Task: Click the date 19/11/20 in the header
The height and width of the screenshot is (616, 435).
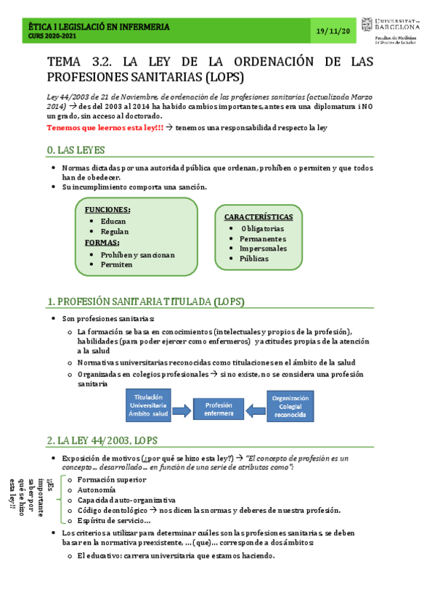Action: [x=334, y=31]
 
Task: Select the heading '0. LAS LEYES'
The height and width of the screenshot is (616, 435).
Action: [x=76, y=150]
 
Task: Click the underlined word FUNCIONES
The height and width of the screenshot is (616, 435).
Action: [x=107, y=209]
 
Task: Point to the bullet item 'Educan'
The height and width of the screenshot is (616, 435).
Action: [x=113, y=220]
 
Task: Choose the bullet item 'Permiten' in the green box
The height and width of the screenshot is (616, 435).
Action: [x=117, y=264]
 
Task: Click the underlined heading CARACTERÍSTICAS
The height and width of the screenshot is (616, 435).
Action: [x=259, y=216]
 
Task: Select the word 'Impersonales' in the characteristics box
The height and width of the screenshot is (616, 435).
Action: [x=263, y=248]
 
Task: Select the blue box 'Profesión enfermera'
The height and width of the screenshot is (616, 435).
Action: [x=219, y=409]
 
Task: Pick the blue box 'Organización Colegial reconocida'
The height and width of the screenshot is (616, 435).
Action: [x=290, y=407]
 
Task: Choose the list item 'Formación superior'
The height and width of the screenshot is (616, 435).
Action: [x=111, y=479]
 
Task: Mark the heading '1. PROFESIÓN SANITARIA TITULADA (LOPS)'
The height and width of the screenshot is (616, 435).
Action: [x=145, y=301]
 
